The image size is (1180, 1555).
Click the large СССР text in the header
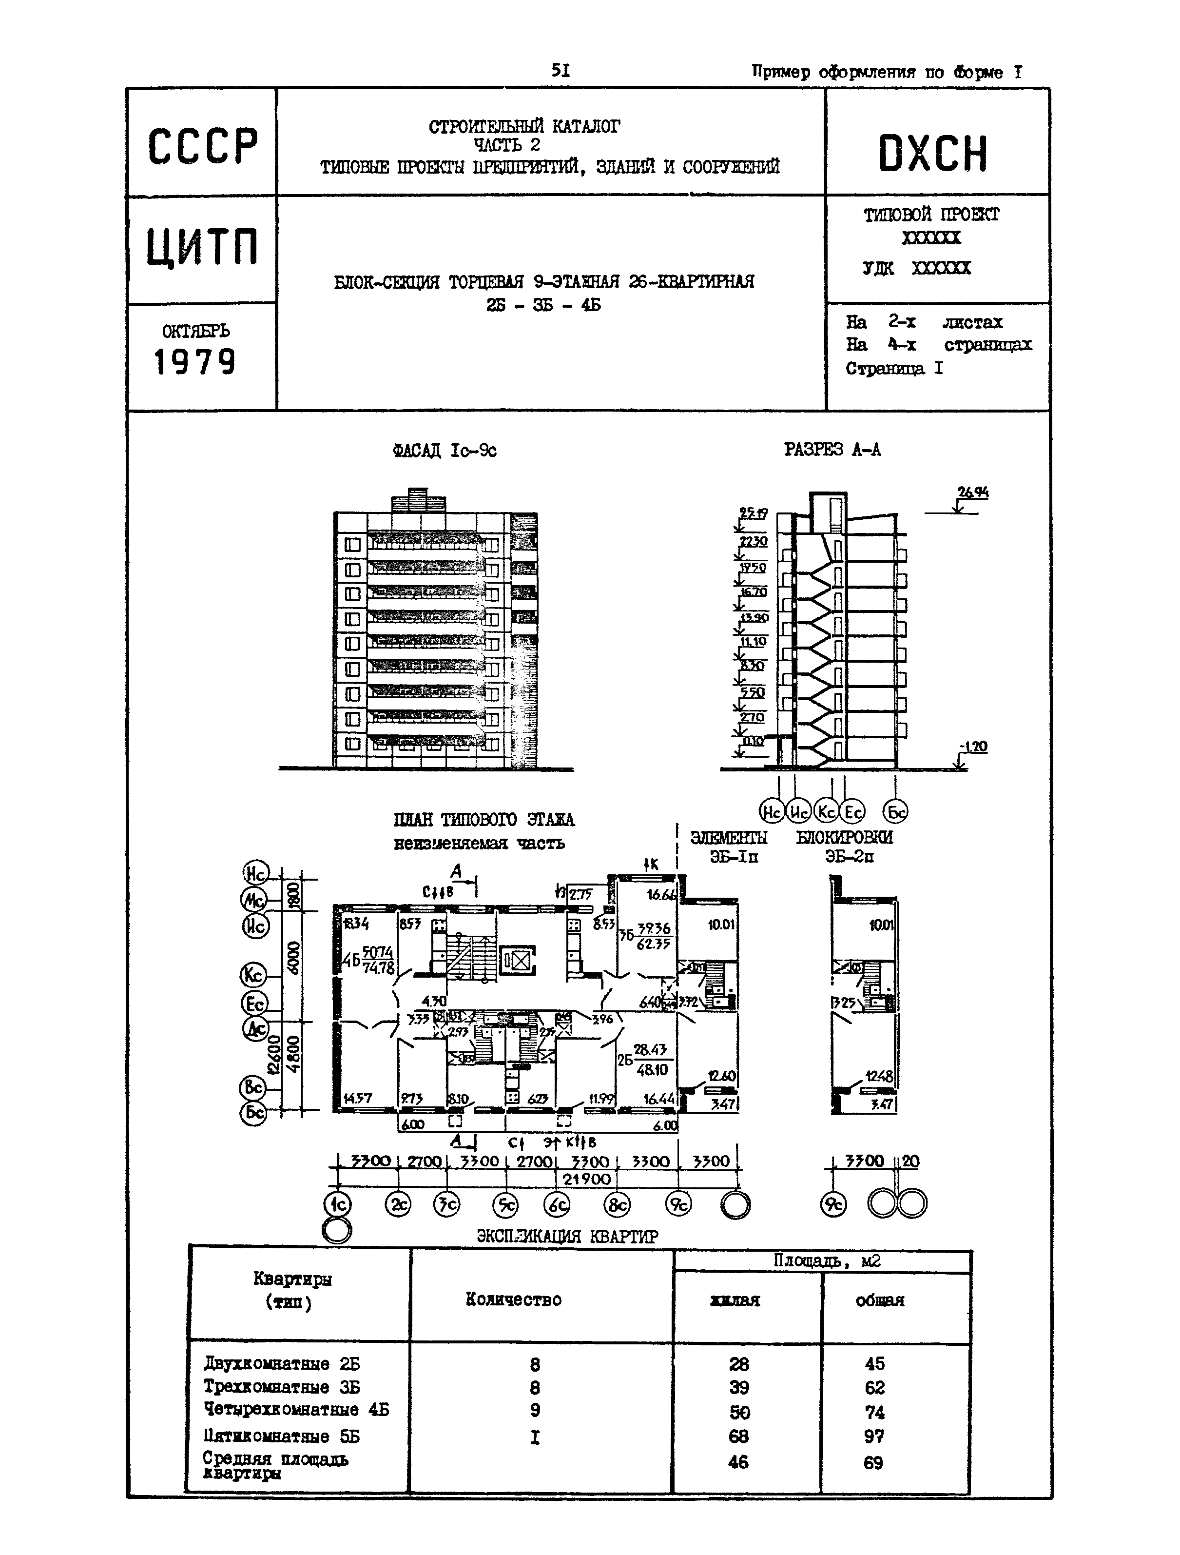(x=202, y=146)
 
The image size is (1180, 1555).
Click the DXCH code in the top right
(x=932, y=155)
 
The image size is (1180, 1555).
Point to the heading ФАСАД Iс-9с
(x=444, y=450)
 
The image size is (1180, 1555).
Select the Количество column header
(x=513, y=1299)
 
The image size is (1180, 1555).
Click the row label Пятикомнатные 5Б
(x=281, y=1436)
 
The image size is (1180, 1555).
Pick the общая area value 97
(x=873, y=1436)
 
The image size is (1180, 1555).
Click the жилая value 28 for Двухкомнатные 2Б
(x=738, y=1364)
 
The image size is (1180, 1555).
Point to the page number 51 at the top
(x=560, y=70)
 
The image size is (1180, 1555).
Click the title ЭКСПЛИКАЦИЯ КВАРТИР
(x=567, y=1237)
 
